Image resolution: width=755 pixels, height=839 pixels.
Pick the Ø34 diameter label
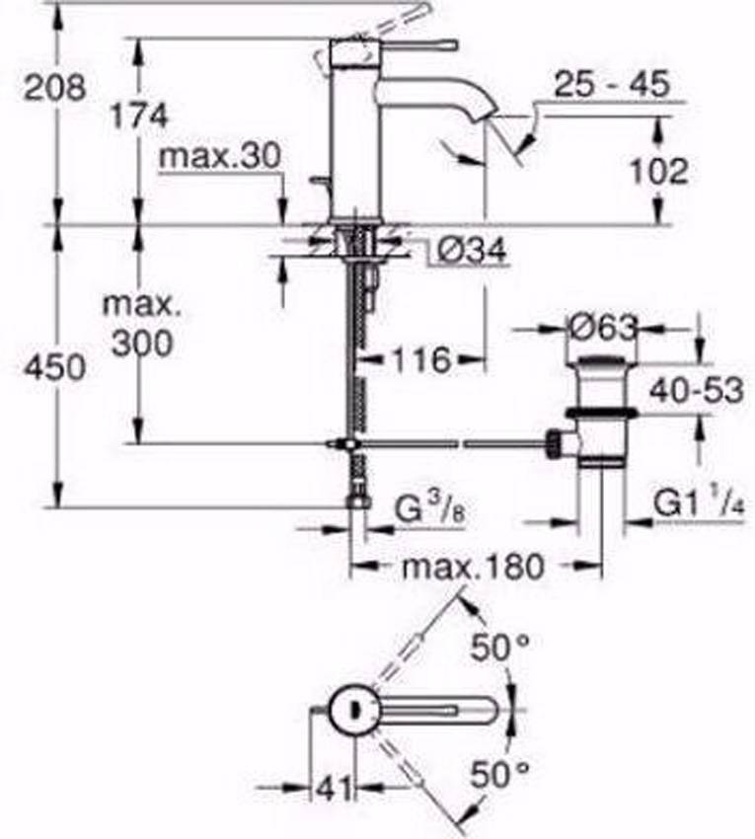point(471,253)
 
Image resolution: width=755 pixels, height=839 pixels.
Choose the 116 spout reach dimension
point(420,359)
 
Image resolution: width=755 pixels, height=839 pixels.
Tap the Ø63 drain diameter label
point(604,326)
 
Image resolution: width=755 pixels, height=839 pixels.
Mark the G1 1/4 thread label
point(699,506)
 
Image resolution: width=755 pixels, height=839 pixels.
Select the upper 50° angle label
point(499,649)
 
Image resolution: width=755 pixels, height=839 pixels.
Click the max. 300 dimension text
point(141,325)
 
